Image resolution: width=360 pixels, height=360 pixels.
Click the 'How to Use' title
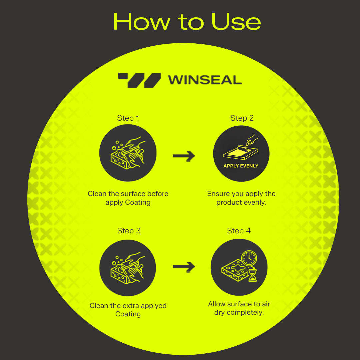click(x=187, y=22)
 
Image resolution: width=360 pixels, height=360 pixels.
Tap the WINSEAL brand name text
click(x=205, y=80)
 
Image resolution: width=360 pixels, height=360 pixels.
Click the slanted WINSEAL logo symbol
click(x=140, y=80)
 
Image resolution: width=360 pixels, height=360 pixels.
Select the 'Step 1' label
click(x=128, y=118)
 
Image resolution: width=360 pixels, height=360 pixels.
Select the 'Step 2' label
click(x=242, y=118)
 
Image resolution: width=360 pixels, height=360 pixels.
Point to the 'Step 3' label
click(x=129, y=231)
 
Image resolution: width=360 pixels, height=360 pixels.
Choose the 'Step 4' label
click(x=239, y=231)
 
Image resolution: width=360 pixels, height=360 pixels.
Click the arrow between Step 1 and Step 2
click(x=184, y=156)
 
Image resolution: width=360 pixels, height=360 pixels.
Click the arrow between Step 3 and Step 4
click(x=184, y=267)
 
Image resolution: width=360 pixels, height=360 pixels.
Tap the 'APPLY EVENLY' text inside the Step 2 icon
click(x=241, y=166)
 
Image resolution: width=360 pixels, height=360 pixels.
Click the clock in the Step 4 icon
click(x=249, y=258)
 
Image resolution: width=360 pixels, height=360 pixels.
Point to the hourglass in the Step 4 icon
click(x=253, y=275)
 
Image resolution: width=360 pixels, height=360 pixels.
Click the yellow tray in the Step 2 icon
click(x=241, y=152)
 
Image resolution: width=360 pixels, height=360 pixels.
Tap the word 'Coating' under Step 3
click(x=128, y=314)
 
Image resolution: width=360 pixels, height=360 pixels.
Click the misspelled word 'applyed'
click(x=154, y=306)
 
